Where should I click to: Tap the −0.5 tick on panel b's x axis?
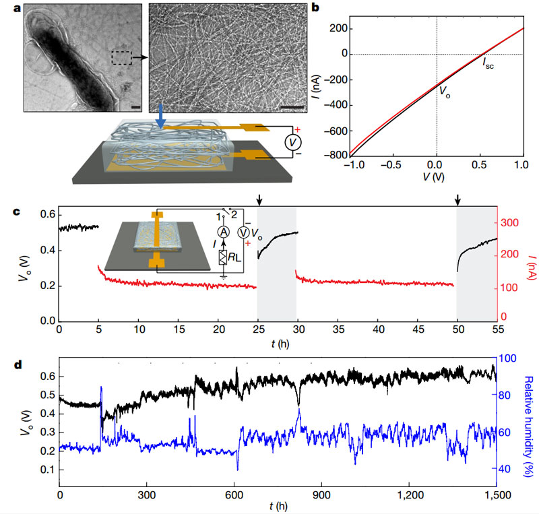[x=393, y=164]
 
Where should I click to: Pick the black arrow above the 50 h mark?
[x=458, y=199]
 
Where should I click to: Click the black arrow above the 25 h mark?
[x=259, y=199]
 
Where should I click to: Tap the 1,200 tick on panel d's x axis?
[x=409, y=495]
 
